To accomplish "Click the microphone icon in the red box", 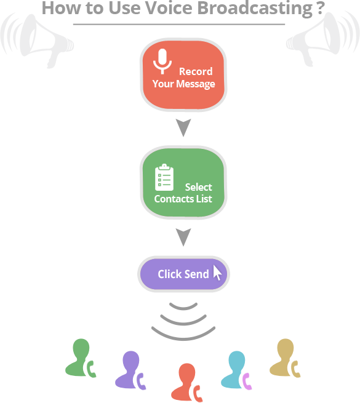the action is [162, 61].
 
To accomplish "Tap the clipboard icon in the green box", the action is [164, 177].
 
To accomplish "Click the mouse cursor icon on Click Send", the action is [217, 273].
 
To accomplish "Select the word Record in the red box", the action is [196, 71].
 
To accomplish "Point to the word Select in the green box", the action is [199, 187].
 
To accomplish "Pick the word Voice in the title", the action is [169, 8].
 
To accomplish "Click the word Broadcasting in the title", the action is [255, 9].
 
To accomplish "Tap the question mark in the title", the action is [321, 8].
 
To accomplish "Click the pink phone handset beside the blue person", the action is [247, 381].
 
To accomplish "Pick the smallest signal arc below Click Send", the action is [183, 308].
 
